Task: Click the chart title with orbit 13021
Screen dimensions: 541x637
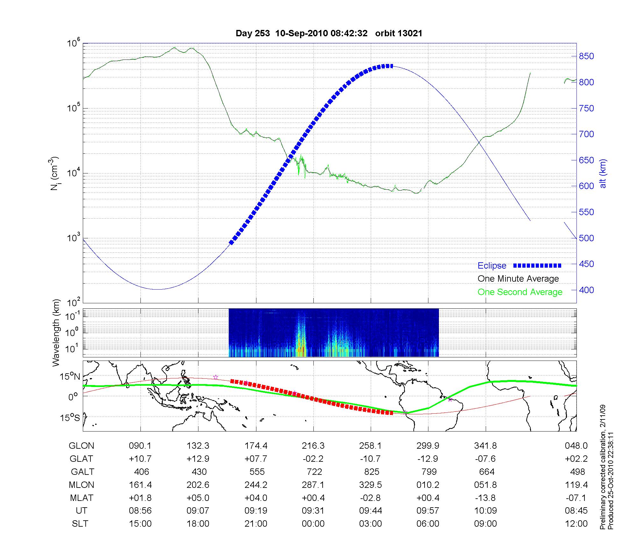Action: (329, 33)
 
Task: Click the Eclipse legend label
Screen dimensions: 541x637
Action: (492, 266)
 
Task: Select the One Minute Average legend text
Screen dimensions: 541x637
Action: (518, 279)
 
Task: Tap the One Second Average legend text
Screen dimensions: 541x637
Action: (520, 292)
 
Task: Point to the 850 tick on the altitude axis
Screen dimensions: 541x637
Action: (586, 56)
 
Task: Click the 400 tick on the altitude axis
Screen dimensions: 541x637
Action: (586, 290)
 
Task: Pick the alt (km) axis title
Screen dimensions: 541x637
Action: (603, 173)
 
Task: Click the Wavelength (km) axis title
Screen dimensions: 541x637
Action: (57, 333)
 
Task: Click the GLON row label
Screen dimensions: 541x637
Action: (82, 446)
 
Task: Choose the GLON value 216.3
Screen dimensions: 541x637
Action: (313, 446)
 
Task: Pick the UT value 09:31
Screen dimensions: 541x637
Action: (313, 511)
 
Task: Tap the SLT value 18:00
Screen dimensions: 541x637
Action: (198, 523)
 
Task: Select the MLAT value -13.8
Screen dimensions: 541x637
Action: (485, 498)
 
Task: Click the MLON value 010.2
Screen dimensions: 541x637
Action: (428, 485)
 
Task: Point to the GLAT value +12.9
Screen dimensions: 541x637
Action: (198, 459)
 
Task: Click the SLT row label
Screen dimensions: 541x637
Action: (80, 523)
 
